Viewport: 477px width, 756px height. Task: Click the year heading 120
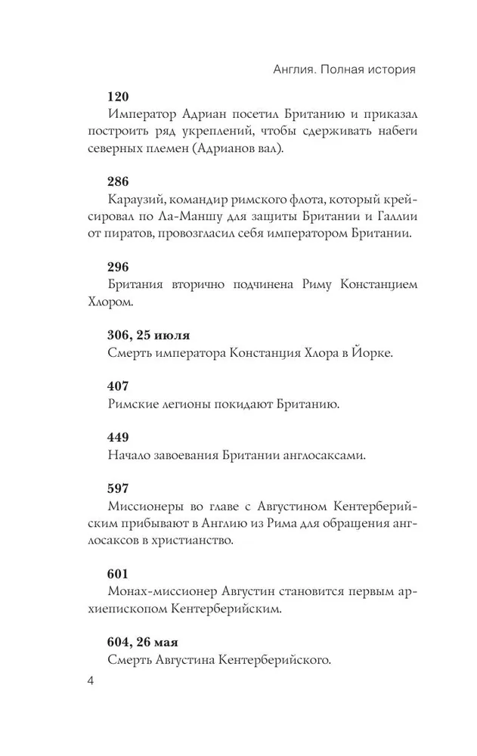[119, 97]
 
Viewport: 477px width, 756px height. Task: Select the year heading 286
[119, 181]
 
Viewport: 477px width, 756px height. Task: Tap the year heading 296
[119, 267]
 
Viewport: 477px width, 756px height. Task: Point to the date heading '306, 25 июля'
[148, 335]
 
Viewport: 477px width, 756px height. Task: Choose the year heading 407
[119, 386]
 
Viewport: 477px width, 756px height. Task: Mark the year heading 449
[119, 437]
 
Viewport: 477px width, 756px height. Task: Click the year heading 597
[119, 488]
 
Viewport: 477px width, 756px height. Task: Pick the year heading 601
[119, 574]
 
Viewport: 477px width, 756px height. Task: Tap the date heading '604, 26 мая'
[143, 642]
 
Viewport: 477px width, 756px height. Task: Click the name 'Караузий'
[135, 200]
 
